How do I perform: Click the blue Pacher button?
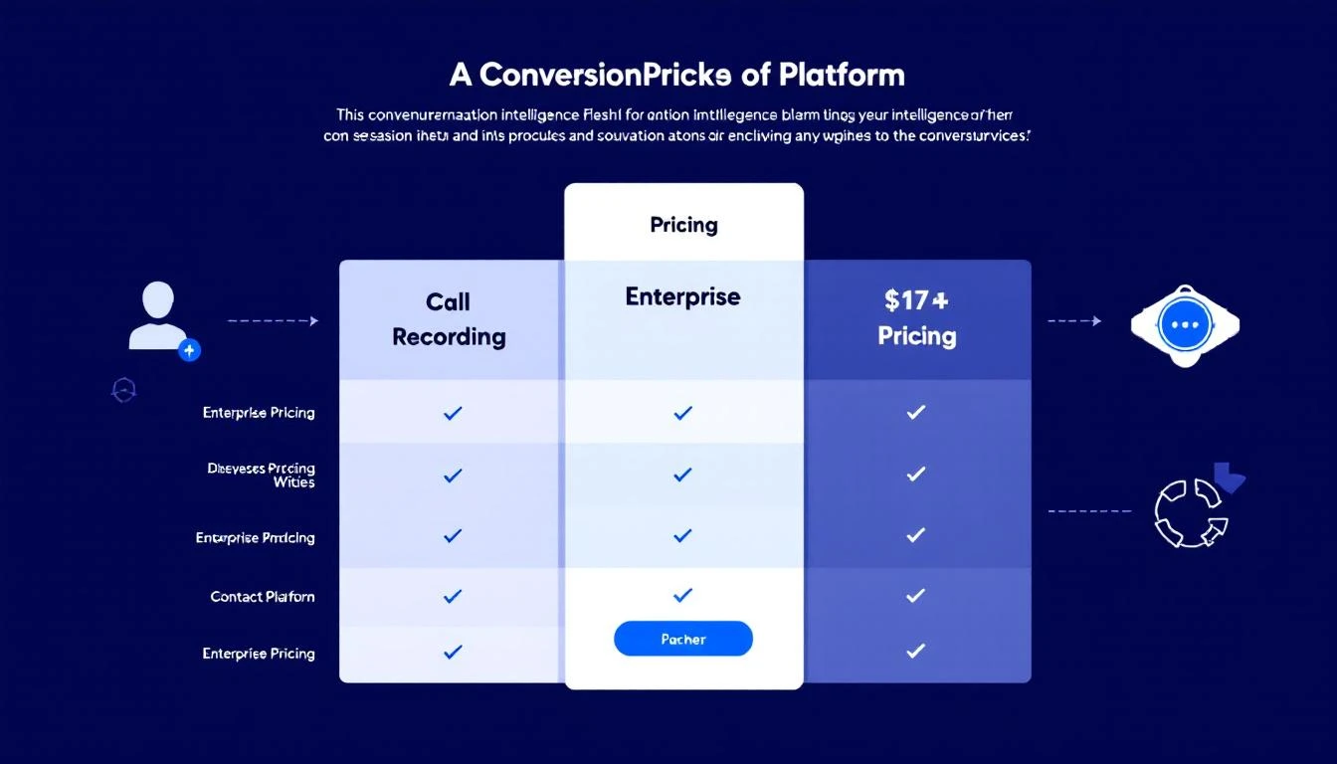[x=683, y=639]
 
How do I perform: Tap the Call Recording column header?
[x=449, y=319]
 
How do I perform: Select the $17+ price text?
[x=916, y=300]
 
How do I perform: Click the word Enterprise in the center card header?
[x=682, y=296]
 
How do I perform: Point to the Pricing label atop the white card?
[x=683, y=225]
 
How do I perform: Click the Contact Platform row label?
[x=263, y=597]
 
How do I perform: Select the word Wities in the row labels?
[x=294, y=482]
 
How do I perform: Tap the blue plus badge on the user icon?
[x=189, y=349]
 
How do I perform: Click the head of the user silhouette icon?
[x=158, y=298]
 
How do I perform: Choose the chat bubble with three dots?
[x=1185, y=325]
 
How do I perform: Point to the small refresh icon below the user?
[x=124, y=390]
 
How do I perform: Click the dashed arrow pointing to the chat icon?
[x=1074, y=321]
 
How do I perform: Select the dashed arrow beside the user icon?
[x=273, y=321]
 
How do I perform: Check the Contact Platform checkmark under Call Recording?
[x=453, y=596]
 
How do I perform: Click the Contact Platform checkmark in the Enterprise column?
[x=682, y=595]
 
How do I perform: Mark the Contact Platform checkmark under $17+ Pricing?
[x=916, y=595]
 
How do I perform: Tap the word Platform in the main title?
[x=843, y=75]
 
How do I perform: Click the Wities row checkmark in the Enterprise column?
[x=682, y=475]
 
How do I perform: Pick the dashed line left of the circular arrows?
[x=1089, y=511]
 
